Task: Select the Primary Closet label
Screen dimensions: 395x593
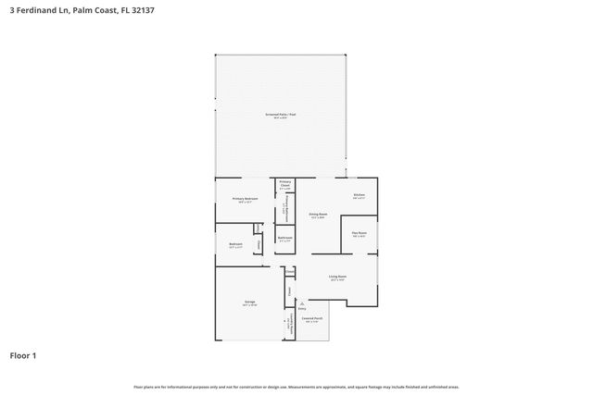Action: (x=285, y=183)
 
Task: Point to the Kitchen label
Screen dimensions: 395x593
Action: (x=359, y=196)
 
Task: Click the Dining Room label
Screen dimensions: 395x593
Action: (x=318, y=215)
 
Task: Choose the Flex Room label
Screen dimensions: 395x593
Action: (x=359, y=233)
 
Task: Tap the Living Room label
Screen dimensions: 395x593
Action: (x=337, y=277)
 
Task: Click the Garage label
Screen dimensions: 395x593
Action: (x=249, y=302)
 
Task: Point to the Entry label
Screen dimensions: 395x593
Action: (x=302, y=308)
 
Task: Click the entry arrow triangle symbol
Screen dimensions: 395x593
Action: (x=300, y=302)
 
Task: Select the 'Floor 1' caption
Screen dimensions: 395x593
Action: (x=24, y=355)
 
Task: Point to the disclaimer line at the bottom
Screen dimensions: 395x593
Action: (x=296, y=387)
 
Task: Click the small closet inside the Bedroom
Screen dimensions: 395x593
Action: (x=259, y=245)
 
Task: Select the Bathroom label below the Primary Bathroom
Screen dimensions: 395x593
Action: (x=284, y=239)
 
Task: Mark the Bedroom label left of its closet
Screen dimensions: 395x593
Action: (x=235, y=244)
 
